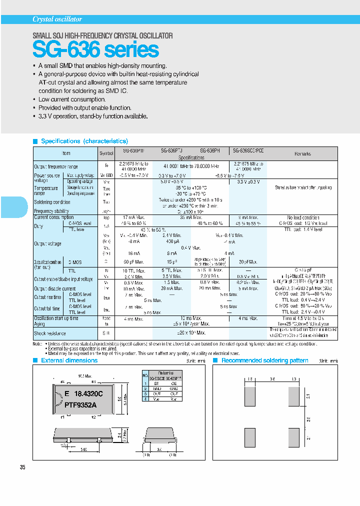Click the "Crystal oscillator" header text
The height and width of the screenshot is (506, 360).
[57, 19]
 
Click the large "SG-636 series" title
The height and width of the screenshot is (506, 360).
[95, 49]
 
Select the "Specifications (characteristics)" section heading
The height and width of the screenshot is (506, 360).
[84, 141]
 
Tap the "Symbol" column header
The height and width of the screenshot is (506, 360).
[106, 153]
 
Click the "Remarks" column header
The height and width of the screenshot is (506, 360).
[302, 153]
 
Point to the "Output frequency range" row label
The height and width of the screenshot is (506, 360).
[56, 166]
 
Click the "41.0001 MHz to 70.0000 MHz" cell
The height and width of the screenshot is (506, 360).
[191, 166]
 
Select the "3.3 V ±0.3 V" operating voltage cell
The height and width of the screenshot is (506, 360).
[248, 182]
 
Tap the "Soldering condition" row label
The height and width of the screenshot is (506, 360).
[52, 202]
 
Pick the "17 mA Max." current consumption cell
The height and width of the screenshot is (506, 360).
[133, 217]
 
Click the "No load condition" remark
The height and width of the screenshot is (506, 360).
[303, 217]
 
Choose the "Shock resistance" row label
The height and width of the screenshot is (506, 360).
[50, 333]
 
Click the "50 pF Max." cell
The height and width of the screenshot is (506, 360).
[133, 261]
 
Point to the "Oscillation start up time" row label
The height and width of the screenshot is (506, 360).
[56, 318]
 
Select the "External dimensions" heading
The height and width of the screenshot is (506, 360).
[69, 360]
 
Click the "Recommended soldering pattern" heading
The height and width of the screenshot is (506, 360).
[264, 360]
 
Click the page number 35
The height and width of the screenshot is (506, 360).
[22, 467]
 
